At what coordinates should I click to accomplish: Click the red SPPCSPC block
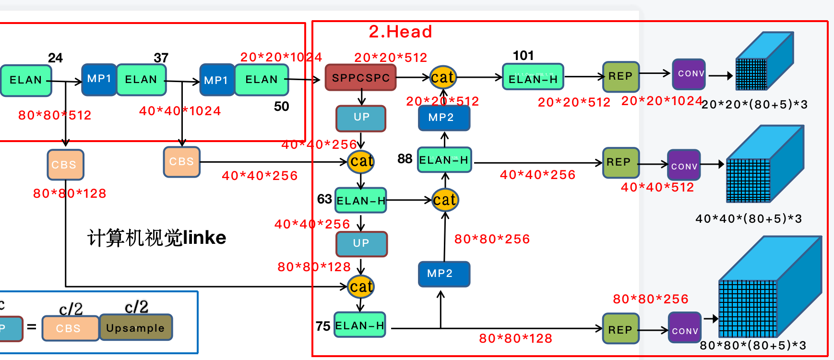pos(361,78)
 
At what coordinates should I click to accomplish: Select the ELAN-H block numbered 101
pos(533,77)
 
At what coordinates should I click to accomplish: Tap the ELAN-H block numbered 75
pos(360,325)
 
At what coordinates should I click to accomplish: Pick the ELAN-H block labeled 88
pos(444,160)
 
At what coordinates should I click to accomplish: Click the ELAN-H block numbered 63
pos(361,201)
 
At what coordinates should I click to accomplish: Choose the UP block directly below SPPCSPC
pos(361,118)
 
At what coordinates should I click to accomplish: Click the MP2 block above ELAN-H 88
pos(443,118)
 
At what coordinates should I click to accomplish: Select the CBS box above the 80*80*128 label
pos(65,165)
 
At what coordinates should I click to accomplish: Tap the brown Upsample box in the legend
pos(135,328)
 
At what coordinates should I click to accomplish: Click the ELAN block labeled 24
pos(26,80)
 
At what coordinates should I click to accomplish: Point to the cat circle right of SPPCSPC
pos(442,77)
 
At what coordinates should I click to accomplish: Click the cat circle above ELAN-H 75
pos(361,287)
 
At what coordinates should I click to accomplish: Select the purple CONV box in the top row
pos(689,74)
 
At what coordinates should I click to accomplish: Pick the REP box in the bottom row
pos(620,329)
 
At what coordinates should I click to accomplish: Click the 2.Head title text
pos(400,32)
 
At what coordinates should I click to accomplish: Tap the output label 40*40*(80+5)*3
pos(749,219)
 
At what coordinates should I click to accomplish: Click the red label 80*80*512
pos(55,115)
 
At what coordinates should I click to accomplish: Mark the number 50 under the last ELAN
pos(282,107)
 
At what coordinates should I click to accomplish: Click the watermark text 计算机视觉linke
pos(157,238)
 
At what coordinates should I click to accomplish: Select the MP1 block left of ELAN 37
pos(99,79)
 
